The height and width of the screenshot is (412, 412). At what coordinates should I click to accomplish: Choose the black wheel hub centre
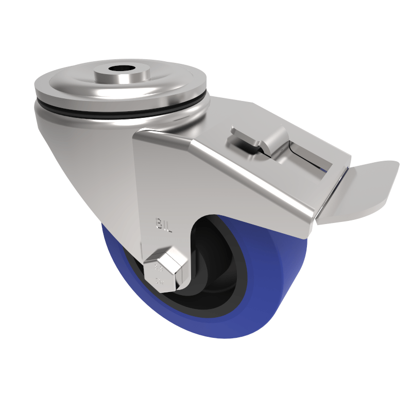click(x=206, y=268)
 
